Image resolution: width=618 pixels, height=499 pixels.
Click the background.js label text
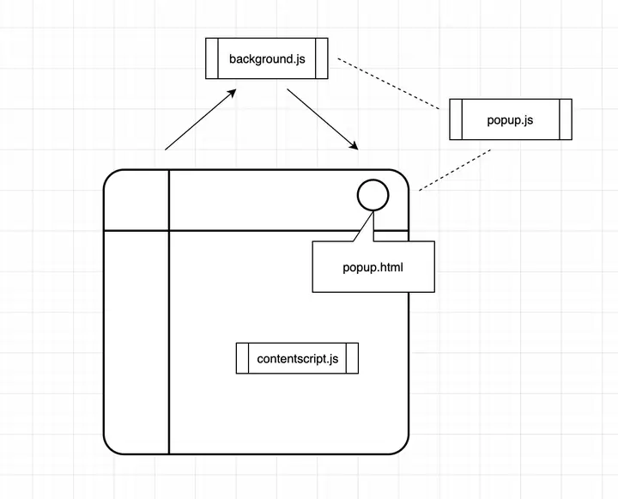[267, 59]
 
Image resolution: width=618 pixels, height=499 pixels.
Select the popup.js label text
[510, 120]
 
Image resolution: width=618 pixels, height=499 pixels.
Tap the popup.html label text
[373, 267]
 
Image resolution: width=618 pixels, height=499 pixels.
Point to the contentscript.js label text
[298, 358]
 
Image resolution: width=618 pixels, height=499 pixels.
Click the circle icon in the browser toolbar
[373, 195]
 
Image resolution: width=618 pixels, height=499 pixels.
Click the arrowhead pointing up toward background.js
[231, 93]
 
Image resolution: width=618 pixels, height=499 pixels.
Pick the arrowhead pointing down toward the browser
[353, 145]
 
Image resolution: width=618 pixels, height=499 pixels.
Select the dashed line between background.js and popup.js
[389, 83]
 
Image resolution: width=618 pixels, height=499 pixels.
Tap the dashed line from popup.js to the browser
[455, 169]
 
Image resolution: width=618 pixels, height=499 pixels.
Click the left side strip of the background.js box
[212, 58]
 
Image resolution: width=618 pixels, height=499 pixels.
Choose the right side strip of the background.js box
[322, 58]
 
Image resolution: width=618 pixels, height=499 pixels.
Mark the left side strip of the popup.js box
[456, 119]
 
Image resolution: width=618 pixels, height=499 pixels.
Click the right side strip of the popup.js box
[566, 119]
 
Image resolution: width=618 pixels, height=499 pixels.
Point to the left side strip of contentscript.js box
[242, 358]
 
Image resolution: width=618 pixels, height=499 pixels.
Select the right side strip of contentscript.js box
[353, 358]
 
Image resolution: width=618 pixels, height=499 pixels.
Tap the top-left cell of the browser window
[136, 200]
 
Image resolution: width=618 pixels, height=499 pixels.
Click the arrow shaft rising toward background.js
[200, 119]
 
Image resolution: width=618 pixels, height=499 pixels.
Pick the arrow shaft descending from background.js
[323, 119]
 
